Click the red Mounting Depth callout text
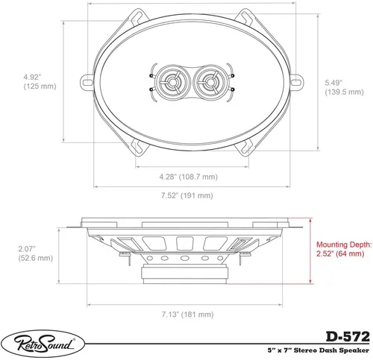(x=343, y=249)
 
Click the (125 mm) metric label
(x=31, y=86)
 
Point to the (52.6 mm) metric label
(x=31, y=259)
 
